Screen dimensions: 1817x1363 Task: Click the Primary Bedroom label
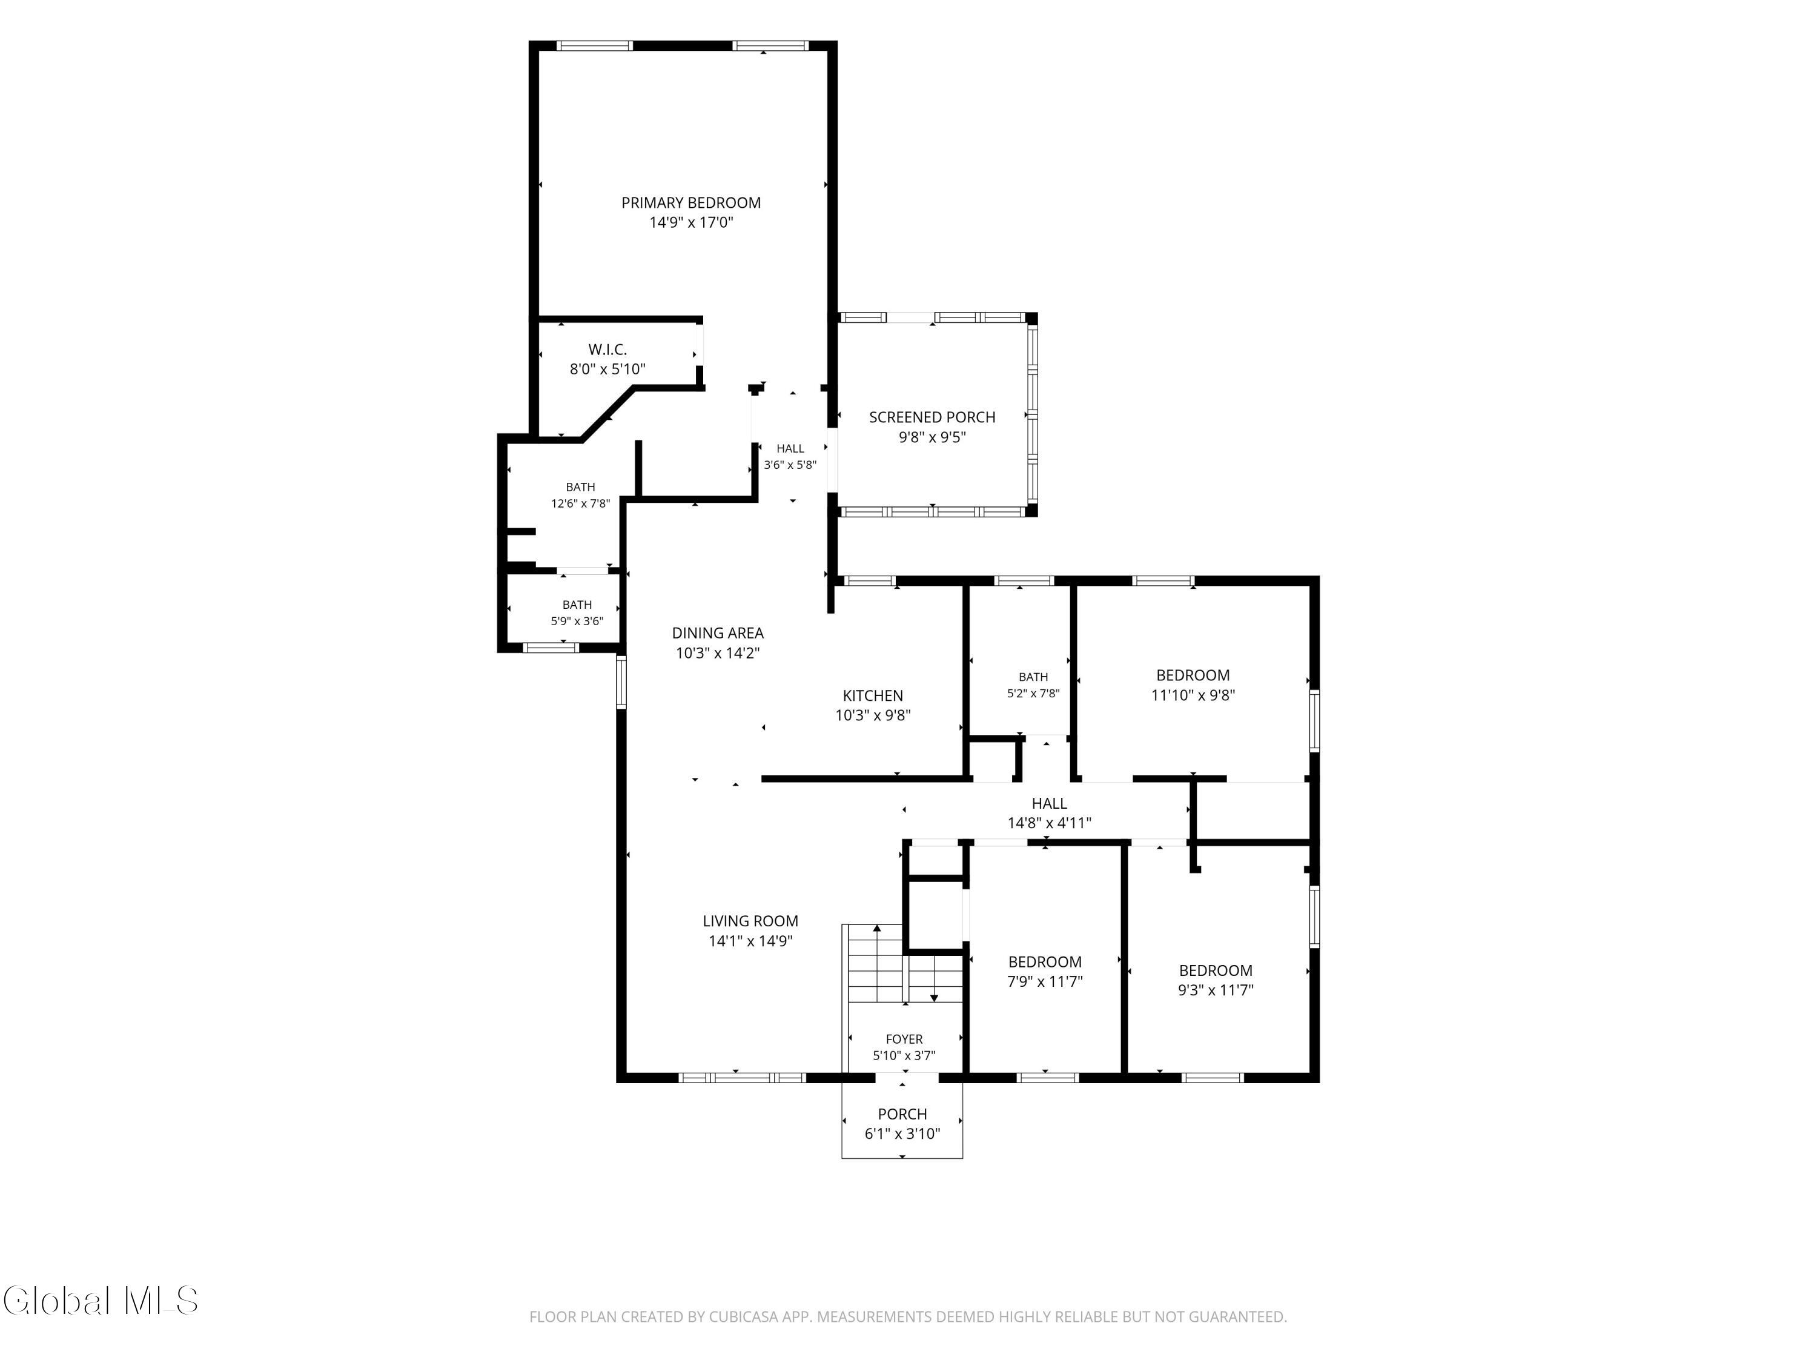pos(691,203)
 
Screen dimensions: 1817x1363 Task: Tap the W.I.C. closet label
pos(608,350)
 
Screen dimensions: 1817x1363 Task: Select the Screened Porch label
pos(932,417)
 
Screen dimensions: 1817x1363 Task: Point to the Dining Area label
pos(718,634)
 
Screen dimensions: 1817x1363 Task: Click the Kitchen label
pos(873,696)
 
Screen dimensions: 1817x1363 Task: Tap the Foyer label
pos(904,1040)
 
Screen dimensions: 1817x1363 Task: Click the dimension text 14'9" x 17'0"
pos(691,223)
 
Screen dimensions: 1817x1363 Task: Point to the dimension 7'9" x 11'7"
pos(1045,982)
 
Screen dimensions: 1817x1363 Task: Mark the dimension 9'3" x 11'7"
pos(1216,990)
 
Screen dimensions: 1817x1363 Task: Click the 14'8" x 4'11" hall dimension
pos(1050,823)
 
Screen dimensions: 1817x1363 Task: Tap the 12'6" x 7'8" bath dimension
pos(581,503)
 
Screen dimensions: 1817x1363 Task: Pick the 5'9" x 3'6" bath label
pos(577,621)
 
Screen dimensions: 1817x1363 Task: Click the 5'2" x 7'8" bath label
pos(1033,694)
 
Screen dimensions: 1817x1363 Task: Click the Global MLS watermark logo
pos(100,1301)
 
